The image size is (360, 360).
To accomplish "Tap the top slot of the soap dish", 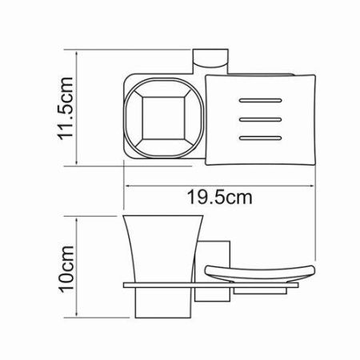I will (260, 102).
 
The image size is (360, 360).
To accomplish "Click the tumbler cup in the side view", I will (160, 248).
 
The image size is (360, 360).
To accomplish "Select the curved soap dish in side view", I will (259, 274).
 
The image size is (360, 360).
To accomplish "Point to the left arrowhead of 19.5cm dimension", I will (127, 183).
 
